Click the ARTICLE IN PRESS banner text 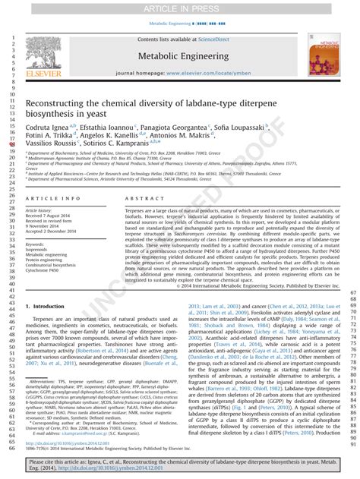tap(179, 8)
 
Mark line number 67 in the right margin tap(352, 293)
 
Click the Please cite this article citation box tap(179, 465)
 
